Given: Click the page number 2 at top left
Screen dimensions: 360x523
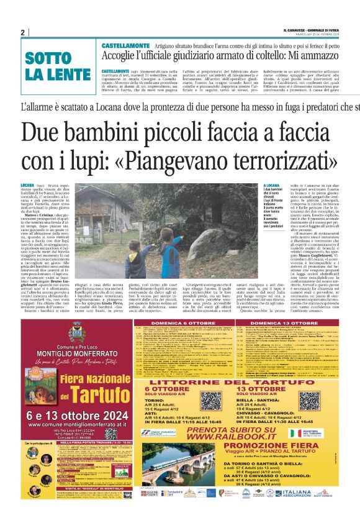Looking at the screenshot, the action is click(22, 33).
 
